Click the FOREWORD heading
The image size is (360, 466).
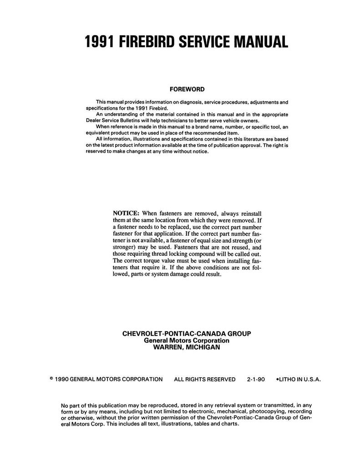tap(187, 90)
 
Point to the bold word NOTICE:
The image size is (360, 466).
tap(126, 213)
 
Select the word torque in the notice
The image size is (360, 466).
tap(157, 261)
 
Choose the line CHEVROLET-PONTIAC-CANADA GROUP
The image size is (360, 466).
tap(187, 334)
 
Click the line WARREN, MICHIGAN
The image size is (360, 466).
tap(187, 347)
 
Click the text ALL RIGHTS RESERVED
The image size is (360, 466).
tap(205, 379)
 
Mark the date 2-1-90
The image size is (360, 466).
tap(256, 379)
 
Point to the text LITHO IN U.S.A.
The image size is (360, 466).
tap(300, 379)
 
